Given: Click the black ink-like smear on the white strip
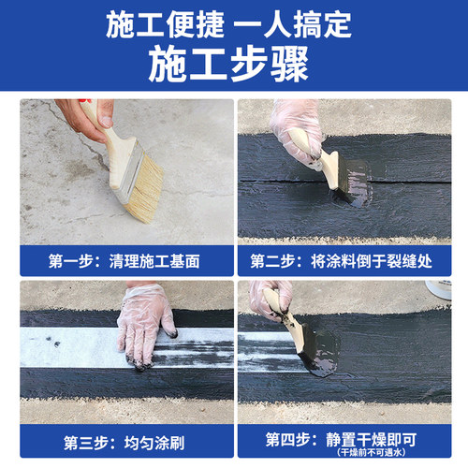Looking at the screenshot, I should (x=201, y=346).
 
